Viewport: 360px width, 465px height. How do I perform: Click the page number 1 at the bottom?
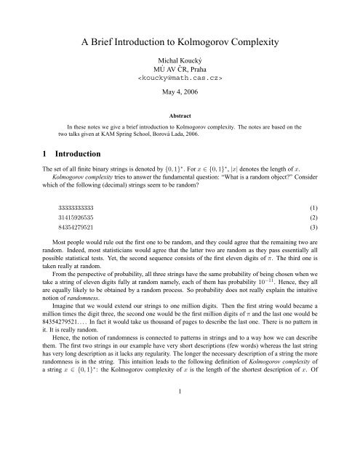[x=180, y=448]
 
